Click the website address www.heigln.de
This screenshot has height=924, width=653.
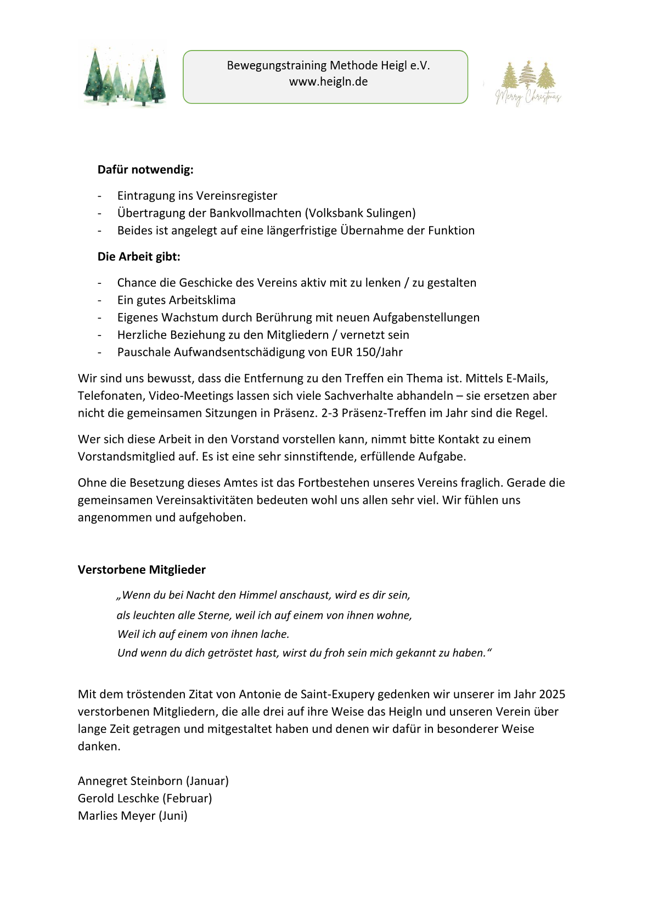pyautogui.click(x=328, y=82)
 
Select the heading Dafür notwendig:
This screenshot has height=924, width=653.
pyautogui.click(x=145, y=170)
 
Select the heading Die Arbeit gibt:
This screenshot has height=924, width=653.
pyautogui.click(x=139, y=256)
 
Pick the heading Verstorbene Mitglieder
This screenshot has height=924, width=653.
pyautogui.click(x=142, y=570)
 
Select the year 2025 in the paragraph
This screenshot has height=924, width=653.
pyautogui.click(x=551, y=695)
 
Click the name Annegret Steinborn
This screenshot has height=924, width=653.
pyautogui.click(x=130, y=781)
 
